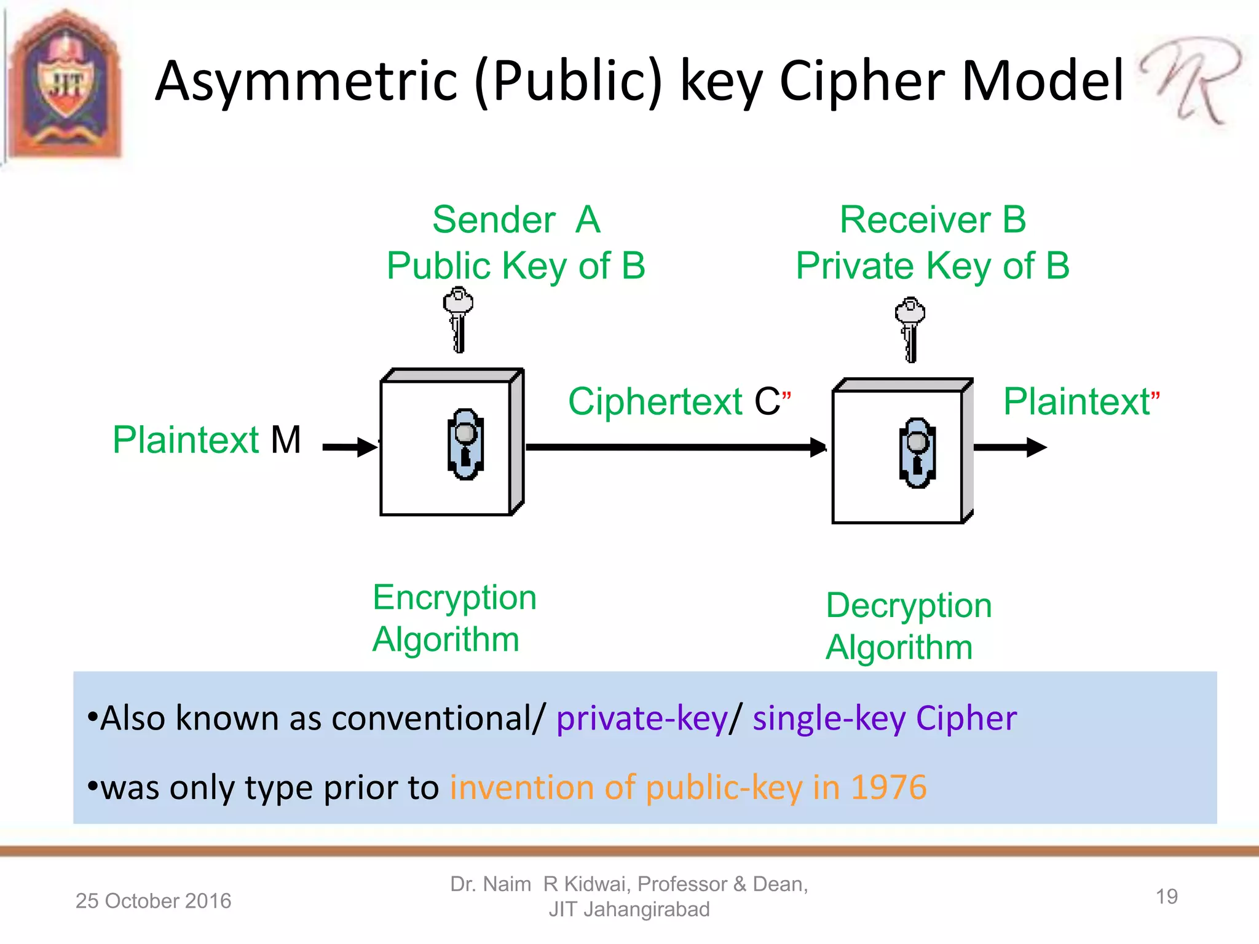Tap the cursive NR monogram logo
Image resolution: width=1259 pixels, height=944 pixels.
[x=1190, y=80]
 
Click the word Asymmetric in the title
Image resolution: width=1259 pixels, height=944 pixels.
[x=306, y=81]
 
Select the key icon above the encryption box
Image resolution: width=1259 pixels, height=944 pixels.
[x=458, y=320]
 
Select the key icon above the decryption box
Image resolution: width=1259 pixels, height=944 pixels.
[x=910, y=329]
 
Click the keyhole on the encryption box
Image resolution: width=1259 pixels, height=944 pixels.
[x=465, y=444]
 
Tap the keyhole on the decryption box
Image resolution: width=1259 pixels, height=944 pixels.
[x=917, y=453]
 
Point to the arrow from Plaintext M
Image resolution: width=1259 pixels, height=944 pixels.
[x=349, y=447]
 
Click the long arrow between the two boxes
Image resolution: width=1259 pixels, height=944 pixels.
[x=676, y=447]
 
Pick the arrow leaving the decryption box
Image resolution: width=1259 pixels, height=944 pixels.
[x=1009, y=447]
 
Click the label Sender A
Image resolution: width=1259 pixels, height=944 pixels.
[x=516, y=220]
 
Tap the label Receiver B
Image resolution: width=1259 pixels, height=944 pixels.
[x=933, y=220]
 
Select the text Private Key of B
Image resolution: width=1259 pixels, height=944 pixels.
[x=933, y=266]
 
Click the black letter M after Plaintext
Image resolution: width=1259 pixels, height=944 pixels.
[x=286, y=440]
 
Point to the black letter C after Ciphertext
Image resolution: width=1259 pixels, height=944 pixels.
[x=767, y=402]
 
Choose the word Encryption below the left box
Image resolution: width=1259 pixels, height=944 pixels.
[x=454, y=597]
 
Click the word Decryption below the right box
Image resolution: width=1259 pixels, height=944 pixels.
[x=909, y=606]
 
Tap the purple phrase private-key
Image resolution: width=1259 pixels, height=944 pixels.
[x=642, y=718]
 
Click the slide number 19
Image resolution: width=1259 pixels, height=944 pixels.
[x=1166, y=897]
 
